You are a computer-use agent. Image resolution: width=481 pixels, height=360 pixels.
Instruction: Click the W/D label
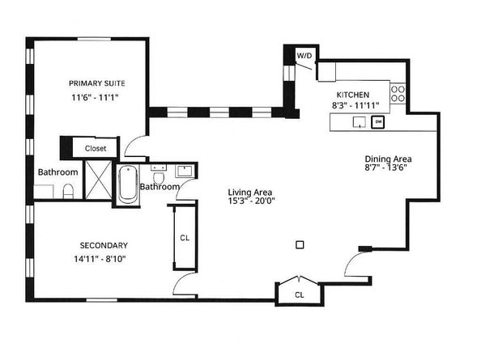coord(304,55)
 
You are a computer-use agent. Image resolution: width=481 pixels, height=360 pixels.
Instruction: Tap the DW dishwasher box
coord(378,122)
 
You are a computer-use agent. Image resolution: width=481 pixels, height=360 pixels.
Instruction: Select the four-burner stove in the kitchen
coord(398,94)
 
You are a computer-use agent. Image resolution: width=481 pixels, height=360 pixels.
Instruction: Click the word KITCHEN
coord(353,94)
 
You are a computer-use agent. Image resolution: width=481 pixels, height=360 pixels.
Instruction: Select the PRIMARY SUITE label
coord(96,83)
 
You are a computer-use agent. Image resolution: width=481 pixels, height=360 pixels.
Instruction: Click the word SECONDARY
coord(104,245)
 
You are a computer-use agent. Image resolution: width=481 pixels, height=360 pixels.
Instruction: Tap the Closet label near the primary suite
coord(96,148)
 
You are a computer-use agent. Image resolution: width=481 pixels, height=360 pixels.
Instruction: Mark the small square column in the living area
coord(300,244)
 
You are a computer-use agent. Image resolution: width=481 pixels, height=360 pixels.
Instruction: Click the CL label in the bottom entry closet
coord(299,294)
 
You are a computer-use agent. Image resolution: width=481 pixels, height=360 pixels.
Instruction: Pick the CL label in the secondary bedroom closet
coord(185,238)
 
